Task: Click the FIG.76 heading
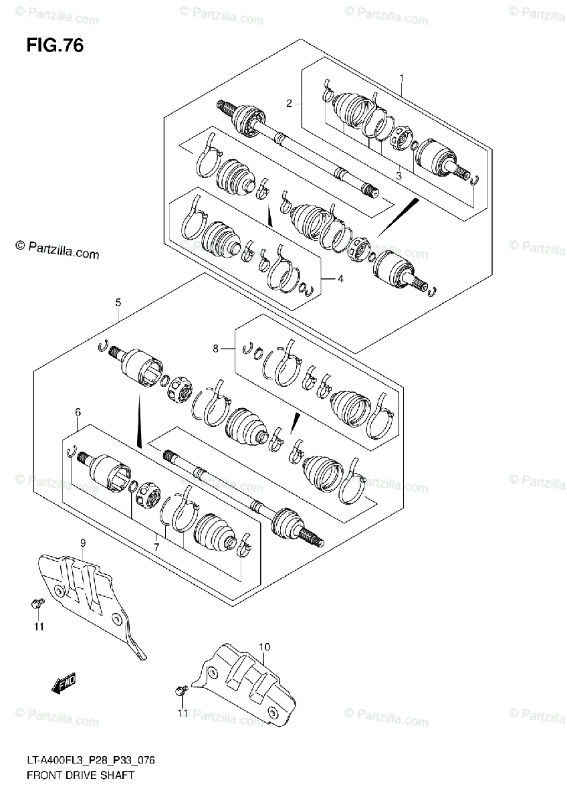[55, 46]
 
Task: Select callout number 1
[401, 78]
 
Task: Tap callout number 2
[289, 103]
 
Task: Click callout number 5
[118, 303]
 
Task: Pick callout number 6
[78, 412]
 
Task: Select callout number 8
[215, 348]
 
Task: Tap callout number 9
[83, 544]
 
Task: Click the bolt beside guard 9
[37, 604]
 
